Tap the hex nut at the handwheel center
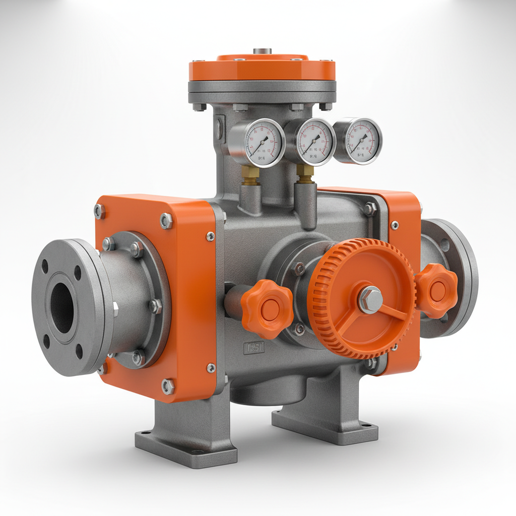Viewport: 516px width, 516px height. (x=370, y=299)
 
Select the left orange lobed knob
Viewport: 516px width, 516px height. (x=267, y=308)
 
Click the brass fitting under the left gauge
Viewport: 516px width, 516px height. (x=250, y=174)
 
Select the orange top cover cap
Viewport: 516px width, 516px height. (x=262, y=69)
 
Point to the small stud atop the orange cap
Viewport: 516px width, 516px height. (x=262, y=51)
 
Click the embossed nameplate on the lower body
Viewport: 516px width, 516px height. (x=253, y=348)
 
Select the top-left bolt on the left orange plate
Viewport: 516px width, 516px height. (x=100, y=211)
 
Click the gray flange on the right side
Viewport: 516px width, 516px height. (x=454, y=277)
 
